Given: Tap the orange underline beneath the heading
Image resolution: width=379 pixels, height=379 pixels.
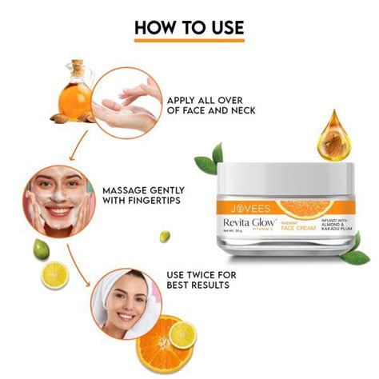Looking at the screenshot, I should tap(189, 42).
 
